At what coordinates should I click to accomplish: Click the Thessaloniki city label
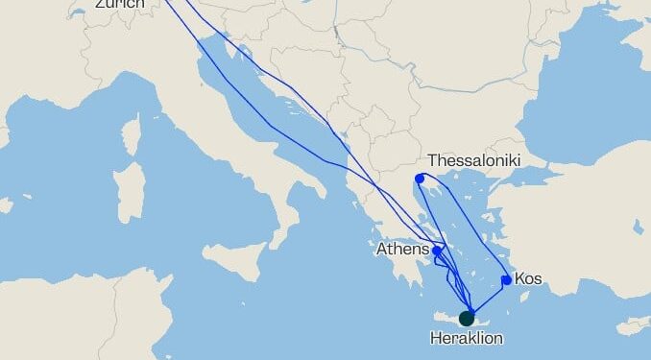473,160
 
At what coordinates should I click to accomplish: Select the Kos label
528,279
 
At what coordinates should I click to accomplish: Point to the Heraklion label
466,338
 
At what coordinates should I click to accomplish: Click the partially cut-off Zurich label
120,4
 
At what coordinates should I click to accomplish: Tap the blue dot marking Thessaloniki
420,179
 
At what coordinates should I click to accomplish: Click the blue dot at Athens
437,251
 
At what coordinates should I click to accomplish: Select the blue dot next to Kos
506,280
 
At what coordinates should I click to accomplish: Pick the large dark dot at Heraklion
467,318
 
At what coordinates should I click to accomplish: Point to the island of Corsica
132,132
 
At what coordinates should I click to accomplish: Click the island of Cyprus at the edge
634,327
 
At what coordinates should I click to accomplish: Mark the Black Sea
576,86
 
